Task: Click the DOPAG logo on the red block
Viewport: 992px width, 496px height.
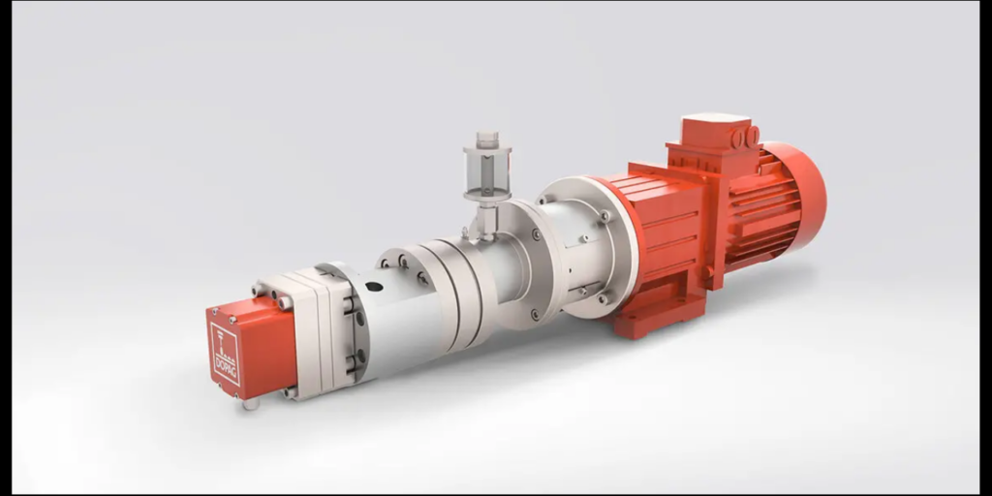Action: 225,355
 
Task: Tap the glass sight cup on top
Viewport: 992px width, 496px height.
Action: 487,170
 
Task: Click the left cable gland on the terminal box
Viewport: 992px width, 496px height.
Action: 737,138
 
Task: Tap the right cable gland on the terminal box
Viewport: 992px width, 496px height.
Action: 753,136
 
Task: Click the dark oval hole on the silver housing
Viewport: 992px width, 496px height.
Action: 374,287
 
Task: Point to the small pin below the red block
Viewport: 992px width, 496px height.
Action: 251,404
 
